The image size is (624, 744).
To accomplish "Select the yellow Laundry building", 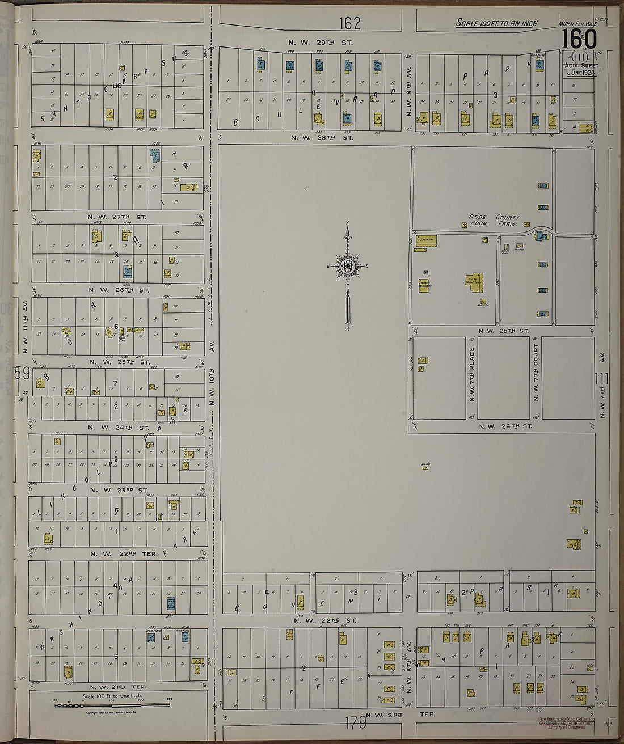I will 427,240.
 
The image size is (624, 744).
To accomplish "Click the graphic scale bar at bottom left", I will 112,703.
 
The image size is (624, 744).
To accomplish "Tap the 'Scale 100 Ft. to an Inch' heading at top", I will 497,23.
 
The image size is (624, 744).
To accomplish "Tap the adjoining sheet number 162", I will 350,23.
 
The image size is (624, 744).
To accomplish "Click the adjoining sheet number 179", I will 355,723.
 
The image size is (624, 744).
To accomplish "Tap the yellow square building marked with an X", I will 465,225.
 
